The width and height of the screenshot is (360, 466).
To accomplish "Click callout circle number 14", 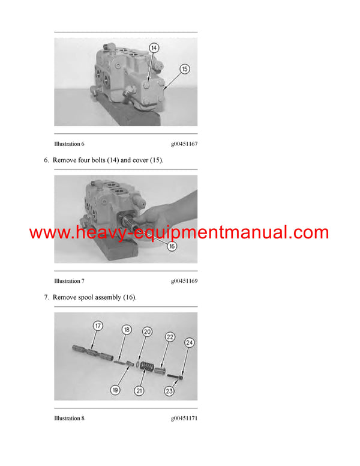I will (x=154, y=47).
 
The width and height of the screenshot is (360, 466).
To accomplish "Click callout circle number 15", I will (x=184, y=69).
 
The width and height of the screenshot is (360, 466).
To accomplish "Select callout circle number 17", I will (x=98, y=326).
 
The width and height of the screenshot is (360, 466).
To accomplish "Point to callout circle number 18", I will (x=127, y=330).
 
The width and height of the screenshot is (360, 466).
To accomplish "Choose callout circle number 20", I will (x=147, y=331).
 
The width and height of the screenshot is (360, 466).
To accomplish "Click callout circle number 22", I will (x=170, y=337).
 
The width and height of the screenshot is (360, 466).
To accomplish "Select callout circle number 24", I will (x=189, y=343).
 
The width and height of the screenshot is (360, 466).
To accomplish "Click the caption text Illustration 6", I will (x=69, y=144).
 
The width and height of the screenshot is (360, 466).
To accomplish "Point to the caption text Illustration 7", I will (x=69, y=281).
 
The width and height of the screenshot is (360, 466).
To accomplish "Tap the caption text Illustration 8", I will (x=69, y=418).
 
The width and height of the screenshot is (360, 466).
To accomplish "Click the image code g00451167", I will (x=184, y=144).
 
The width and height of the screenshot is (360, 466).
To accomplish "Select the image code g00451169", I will (x=184, y=281).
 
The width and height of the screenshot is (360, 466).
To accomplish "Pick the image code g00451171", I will (x=184, y=418).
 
